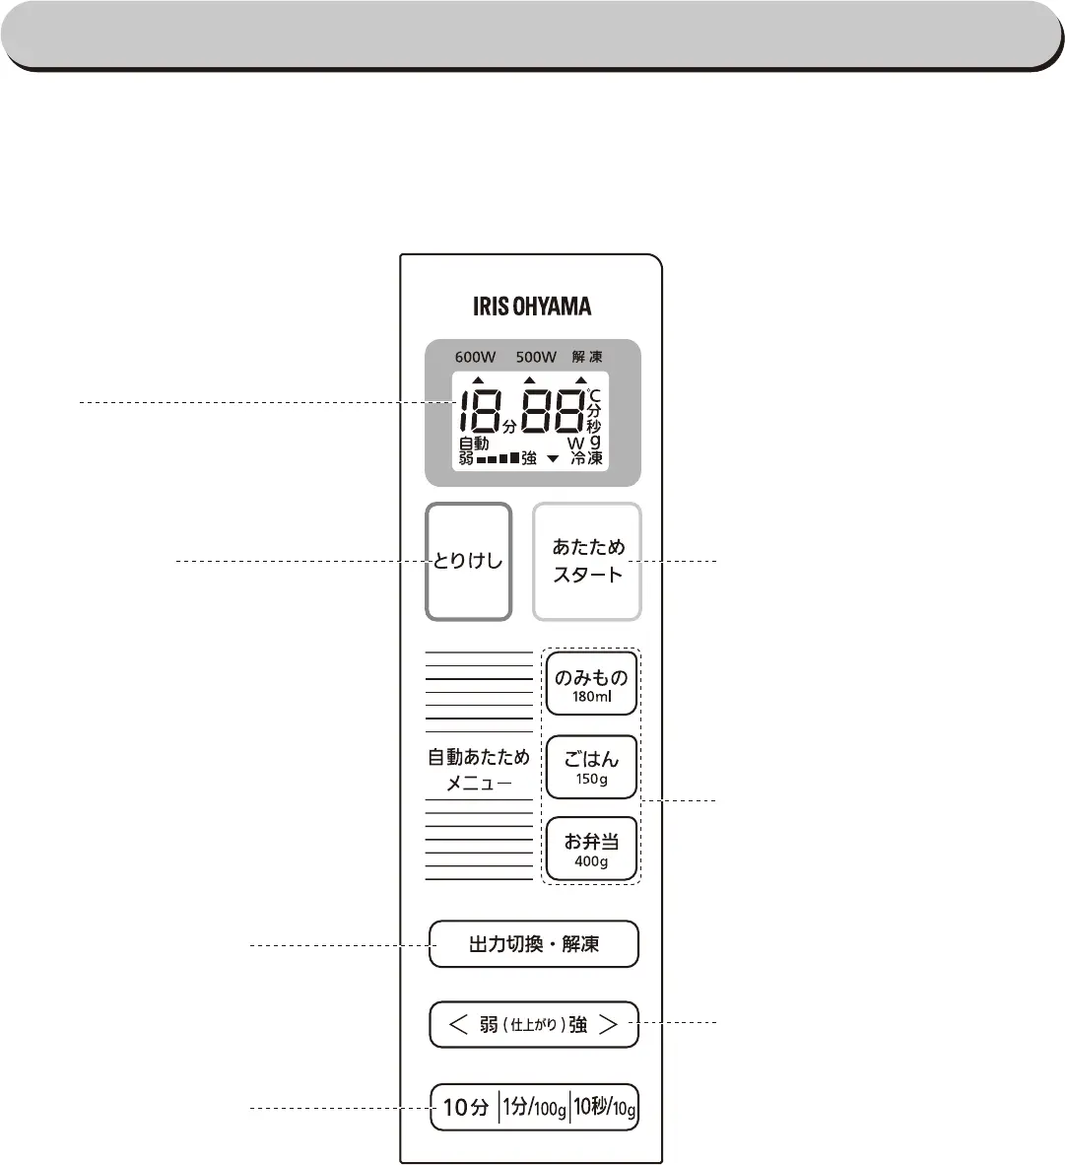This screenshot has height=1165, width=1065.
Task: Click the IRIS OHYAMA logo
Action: [x=532, y=306]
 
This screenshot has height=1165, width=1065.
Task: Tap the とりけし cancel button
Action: [x=468, y=563]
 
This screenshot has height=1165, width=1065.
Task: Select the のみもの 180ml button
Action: [x=591, y=683]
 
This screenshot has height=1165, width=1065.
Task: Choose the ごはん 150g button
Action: [x=591, y=766]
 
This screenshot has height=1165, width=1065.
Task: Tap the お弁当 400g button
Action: [x=591, y=849]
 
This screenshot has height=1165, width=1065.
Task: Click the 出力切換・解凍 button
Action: [x=534, y=944]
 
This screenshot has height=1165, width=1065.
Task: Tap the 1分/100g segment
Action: [x=534, y=1108]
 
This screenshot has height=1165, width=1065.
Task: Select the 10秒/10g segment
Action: [x=605, y=1108]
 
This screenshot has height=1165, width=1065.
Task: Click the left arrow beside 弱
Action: [x=458, y=1025]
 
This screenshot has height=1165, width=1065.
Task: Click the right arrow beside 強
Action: [x=609, y=1025]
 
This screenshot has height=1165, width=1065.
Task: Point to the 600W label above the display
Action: [x=475, y=357]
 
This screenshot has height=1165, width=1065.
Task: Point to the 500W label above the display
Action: [x=536, y=357]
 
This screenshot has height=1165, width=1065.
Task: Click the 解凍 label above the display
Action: [x=587, y=357]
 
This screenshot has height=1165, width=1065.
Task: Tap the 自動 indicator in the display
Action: [x=474, y=444]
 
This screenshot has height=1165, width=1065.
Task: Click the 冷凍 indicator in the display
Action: [x=587, y=458]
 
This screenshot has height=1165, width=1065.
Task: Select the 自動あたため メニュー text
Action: [x=479, y=770]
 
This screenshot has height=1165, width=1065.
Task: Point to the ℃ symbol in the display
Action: [x=593, y=396]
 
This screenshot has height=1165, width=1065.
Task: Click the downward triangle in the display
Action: [x=553, y=458]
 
